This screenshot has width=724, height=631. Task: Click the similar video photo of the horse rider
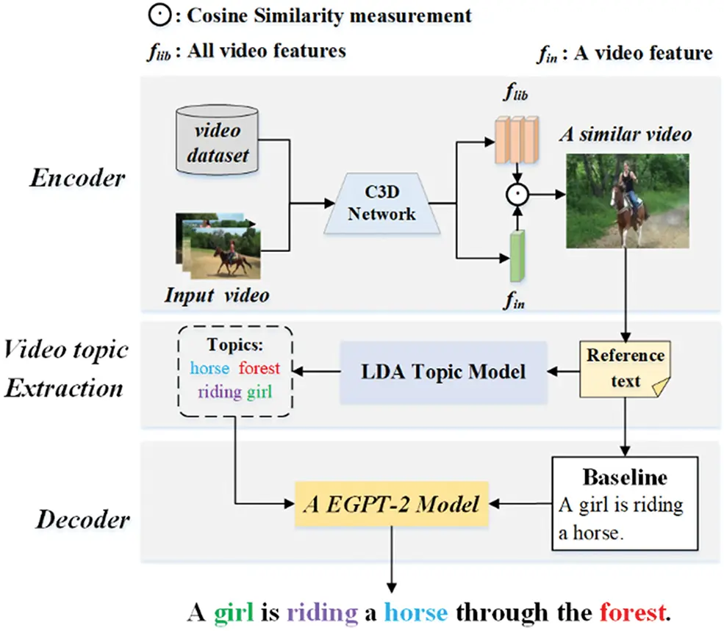(627, 200)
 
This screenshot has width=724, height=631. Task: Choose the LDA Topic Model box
(443, 372)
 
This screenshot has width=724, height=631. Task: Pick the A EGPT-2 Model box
(392, 504)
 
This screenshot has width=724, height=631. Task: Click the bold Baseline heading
(625, 477)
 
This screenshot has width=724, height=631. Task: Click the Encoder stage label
(78, 179)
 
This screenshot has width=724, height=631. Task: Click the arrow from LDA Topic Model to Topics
(317, 372)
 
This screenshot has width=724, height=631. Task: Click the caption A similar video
(625, 134)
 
